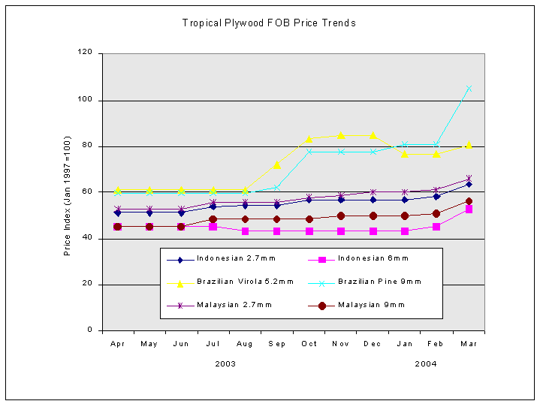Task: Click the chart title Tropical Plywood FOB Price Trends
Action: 269,23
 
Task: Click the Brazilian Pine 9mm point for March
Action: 469,89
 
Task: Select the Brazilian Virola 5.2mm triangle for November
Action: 341,135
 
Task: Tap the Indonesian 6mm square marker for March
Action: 469,210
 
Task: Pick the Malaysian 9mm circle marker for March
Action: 469,201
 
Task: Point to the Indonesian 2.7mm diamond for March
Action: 469,184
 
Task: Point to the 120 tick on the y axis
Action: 85,53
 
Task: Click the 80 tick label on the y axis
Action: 87,146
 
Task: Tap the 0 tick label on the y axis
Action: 90,330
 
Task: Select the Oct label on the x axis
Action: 309,344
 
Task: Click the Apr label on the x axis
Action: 117,344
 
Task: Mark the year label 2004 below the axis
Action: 426,363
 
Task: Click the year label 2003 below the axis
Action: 225,363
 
